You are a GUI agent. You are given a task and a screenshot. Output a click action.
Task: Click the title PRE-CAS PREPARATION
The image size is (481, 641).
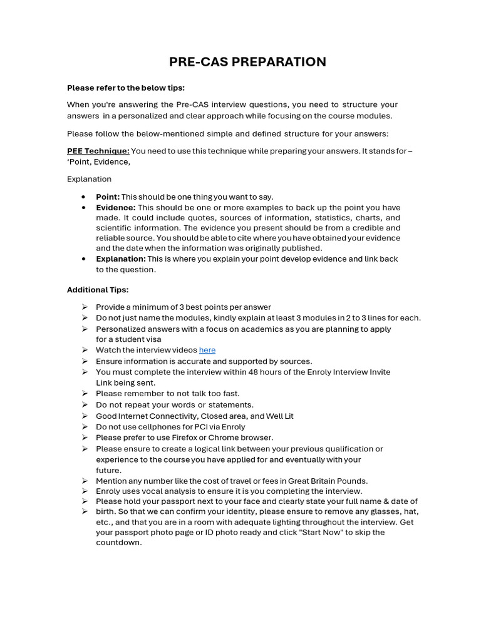point(247,62)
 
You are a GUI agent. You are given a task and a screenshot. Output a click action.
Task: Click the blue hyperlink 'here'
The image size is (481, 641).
point(207,350)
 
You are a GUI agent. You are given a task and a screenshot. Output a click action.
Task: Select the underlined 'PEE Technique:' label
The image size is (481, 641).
point(98,151)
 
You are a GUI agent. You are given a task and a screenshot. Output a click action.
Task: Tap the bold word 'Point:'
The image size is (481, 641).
point(108,197)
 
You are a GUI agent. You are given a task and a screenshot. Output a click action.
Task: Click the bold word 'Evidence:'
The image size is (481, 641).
point(115,207)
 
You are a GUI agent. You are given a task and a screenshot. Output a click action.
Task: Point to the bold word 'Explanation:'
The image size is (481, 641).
point(120,259)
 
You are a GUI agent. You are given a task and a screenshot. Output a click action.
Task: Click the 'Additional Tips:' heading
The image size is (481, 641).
point(98,290)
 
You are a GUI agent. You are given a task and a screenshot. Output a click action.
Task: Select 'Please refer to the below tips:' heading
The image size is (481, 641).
point(126,88)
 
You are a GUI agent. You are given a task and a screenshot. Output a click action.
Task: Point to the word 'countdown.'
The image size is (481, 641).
point(119,543)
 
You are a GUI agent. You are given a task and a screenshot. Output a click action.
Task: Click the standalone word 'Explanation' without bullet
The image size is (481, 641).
point(89,179)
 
